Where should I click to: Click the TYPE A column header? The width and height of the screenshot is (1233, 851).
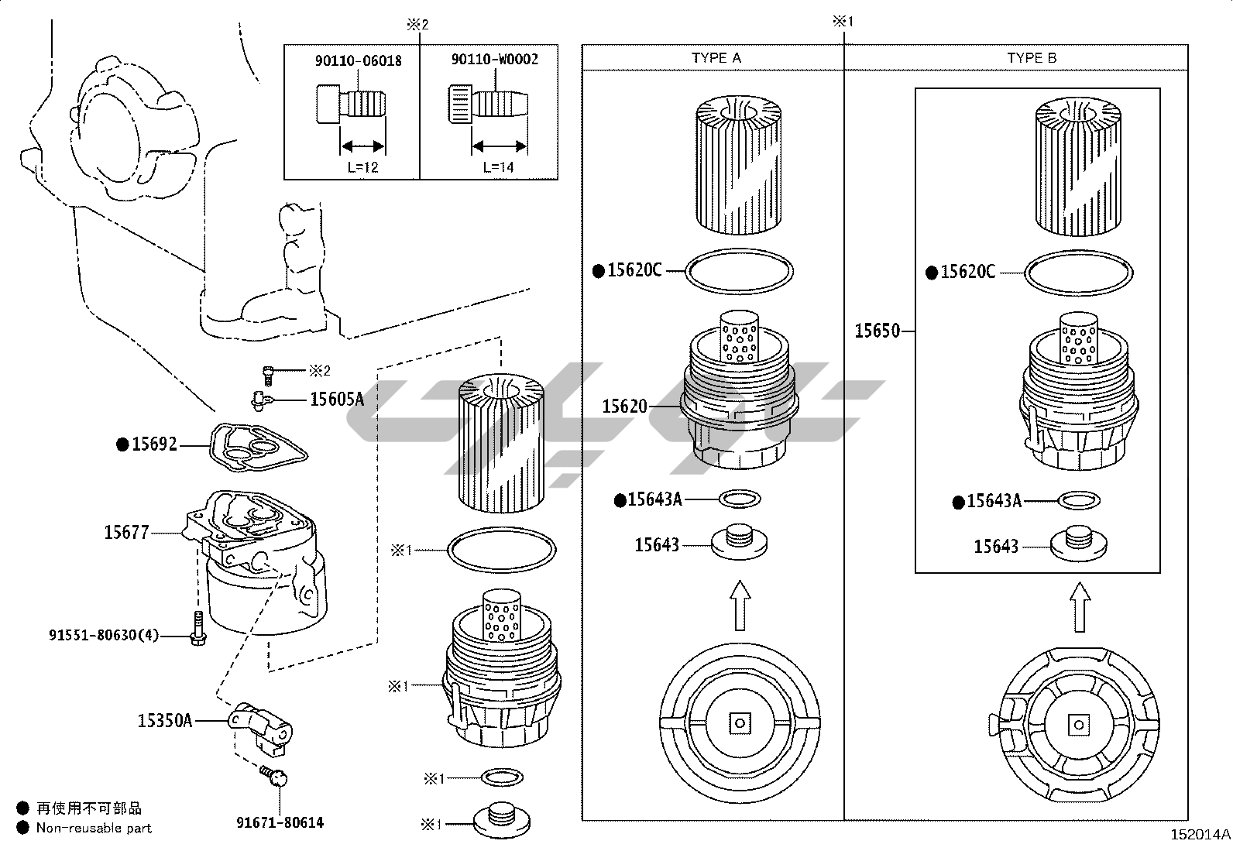coord(716,58)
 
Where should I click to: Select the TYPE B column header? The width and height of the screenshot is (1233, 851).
coord(1032,58)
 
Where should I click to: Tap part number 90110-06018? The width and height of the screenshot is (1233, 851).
coord(359,60)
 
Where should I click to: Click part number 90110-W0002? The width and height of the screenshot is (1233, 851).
coord(495,60)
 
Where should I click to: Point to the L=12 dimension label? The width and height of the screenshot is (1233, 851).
coord(362,167)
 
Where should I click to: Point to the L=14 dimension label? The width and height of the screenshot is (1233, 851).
coord(498,166)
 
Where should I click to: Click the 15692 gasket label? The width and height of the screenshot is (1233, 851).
coord(154,444)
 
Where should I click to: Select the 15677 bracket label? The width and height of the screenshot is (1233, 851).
coord(126,532)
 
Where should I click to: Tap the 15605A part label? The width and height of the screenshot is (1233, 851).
coord(337,399)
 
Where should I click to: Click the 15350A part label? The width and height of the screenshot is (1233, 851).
coord(165,720)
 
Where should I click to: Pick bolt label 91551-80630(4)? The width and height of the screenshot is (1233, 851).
coord(104,635)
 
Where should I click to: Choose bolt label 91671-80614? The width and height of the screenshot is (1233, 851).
coord(280,822)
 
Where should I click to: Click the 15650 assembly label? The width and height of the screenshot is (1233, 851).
coord(877,331)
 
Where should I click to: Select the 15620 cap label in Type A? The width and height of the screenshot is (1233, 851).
coord(624,407)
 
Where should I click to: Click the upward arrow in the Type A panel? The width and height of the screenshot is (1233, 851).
coord(740,605)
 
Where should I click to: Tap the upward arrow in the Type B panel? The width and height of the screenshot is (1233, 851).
coord(1080,607)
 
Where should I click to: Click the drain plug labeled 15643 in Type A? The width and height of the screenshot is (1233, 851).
coord(739,541)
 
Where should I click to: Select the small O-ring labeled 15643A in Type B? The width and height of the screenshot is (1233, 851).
coord(1079,500)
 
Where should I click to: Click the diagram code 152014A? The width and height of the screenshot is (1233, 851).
coord(1200,835)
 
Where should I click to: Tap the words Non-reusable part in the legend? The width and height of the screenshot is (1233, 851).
coord(94,828)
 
